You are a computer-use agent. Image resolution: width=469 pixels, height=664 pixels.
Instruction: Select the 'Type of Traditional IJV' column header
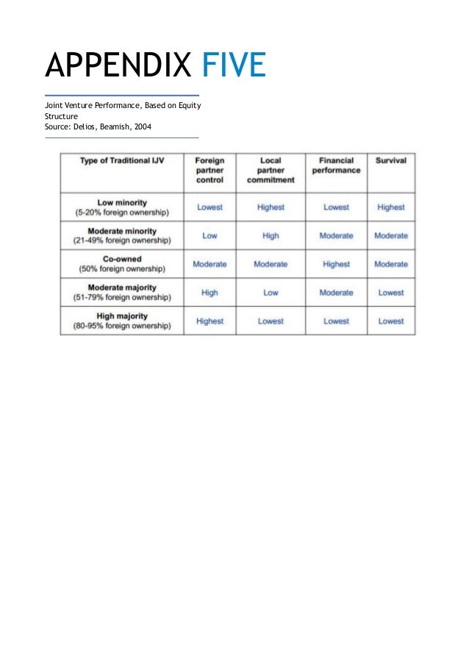tap(122, 161)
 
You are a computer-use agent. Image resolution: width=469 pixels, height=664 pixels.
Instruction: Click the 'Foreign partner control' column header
tap(210, 170)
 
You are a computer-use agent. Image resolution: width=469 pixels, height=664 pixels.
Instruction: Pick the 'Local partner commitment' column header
tap(271, 170)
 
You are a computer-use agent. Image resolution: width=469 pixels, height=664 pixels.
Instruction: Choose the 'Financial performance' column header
tap(336, 165)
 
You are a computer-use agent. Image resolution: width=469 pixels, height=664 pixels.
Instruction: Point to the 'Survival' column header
tap(391, 160)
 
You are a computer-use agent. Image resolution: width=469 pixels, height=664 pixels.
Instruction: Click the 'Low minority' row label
tap(122, 202)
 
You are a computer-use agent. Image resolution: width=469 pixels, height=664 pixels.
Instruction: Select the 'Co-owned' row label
tap(122, 259)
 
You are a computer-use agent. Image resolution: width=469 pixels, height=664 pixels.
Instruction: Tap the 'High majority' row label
tap(122, 316)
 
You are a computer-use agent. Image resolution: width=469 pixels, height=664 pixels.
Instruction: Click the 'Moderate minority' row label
tap(122, 231)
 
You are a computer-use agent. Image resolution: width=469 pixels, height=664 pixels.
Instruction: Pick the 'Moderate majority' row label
tap(122, 288)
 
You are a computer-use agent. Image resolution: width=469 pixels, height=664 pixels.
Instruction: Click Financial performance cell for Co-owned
tap(336, 264)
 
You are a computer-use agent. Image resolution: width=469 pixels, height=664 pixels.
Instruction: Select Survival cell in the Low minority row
tap(391, 207)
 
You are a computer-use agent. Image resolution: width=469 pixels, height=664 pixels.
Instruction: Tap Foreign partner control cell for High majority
tap(210, 321)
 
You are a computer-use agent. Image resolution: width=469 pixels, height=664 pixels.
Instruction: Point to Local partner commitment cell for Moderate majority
tap(271, 293)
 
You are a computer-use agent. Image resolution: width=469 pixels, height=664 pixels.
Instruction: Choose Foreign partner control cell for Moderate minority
tap(210, 236)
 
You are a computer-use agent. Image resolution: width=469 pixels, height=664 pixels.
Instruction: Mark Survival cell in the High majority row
tap(391, 321)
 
